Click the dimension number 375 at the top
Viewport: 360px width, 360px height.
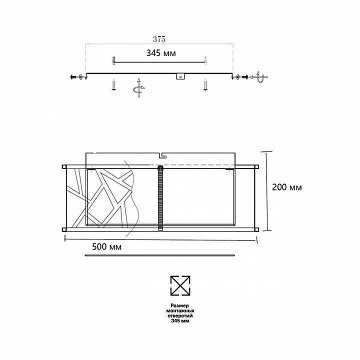click(x=159, y=38)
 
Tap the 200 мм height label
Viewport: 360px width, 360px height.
click(x=287, y=187)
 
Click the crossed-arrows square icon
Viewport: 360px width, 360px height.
click(x=180, y=285)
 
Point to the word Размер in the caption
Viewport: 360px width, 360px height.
click(x=180, y=305)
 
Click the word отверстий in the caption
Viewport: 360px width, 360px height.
click(x=180, y=316)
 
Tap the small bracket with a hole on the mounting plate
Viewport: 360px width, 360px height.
click(x=180, y=76)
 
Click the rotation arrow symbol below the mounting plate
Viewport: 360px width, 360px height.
click(x=137, y=88)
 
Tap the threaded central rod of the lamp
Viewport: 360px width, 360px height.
click(x=160, y=197)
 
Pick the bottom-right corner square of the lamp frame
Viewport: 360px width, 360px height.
click(x=256, y=229)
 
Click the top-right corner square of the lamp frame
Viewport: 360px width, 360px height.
click(x=256, y=166)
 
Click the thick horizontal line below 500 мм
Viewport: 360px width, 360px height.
click(x=159, y=255)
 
